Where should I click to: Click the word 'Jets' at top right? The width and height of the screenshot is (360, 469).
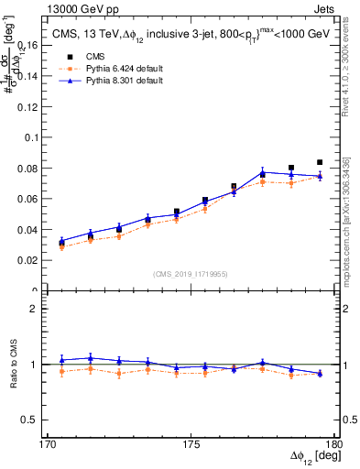coord(325,7)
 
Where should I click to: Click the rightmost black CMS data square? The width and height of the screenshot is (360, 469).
coord(320,162)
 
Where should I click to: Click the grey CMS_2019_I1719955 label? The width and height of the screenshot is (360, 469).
coord(191,273)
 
